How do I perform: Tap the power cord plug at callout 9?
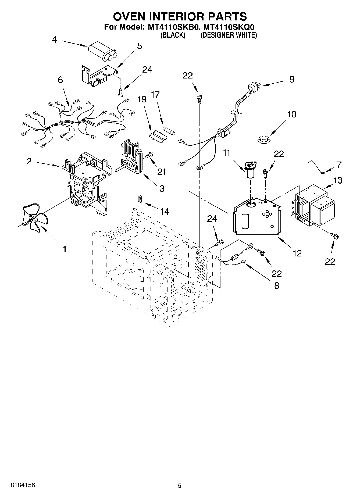pos(254,88)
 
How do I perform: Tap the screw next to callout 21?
pos(149,155)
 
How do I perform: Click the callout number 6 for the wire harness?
pos(60,80)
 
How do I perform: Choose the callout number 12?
pos(297,253)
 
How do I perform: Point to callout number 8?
pos(276,285)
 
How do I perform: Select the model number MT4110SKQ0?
pos(229,27)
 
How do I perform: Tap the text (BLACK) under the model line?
pos(173,35)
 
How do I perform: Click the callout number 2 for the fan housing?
pos(29,161)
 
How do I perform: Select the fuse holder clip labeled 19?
pos(158,135)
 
